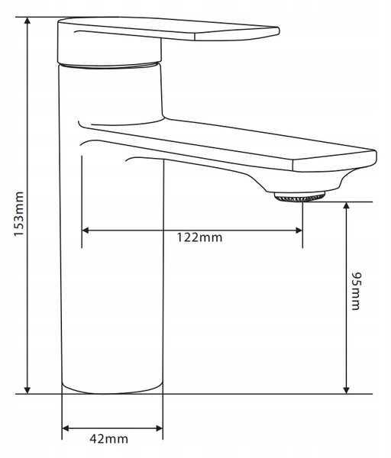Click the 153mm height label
[19, 214]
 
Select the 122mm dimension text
[199, 237]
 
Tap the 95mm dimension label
[356, 292]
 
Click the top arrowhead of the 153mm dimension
[27, 21]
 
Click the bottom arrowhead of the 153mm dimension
[27, 390]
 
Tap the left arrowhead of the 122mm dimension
[86, 231]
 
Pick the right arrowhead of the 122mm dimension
[299, 231]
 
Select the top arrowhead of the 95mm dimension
[346, 205]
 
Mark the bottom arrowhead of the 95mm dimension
[346, 390]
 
